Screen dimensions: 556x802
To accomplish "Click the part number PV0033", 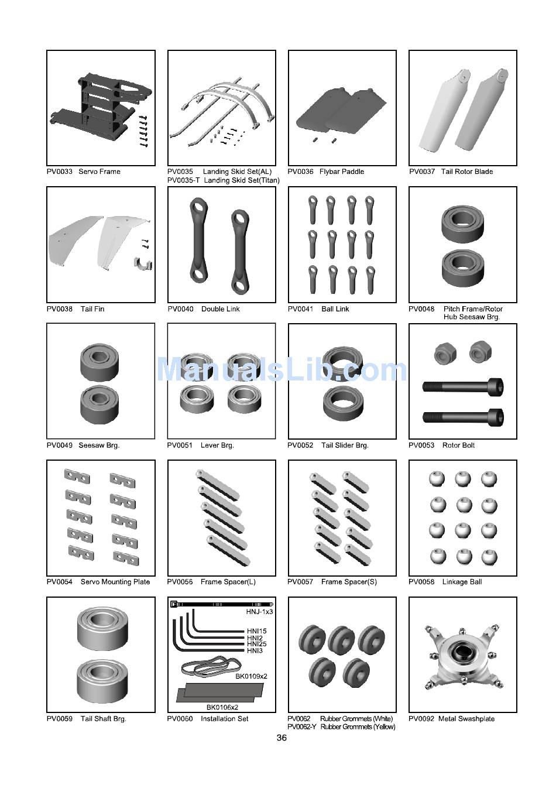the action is coord(60,172).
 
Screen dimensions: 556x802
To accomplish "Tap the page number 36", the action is coord(282,738).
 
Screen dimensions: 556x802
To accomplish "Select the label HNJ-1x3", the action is coord(259,612).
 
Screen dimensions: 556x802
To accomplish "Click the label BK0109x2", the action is coord(251,676).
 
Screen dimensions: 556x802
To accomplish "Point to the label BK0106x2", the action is coord(222,707).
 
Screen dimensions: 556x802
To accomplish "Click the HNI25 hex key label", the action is coord(257,644).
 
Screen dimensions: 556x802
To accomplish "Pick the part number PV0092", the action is coord(421,718).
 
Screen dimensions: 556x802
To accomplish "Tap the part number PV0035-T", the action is coord(183,180).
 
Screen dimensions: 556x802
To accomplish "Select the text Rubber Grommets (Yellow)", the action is coord(358,727).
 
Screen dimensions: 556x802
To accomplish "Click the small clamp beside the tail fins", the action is coord(143,264).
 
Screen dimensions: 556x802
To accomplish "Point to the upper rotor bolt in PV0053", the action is coord(463,387).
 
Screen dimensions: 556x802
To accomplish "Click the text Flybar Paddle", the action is coord(342,172).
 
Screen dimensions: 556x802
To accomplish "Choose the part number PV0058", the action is coord(421,582).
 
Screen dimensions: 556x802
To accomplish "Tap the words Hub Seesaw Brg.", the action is coord(472,317).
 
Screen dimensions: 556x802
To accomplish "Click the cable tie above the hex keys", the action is coord(222,604).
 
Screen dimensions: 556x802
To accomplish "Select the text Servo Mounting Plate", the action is coord(115,582).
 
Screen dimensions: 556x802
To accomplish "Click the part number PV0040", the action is coord(180,309).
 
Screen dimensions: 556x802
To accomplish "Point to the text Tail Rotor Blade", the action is coord(467,172).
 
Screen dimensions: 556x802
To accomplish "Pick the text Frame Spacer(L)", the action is coord(228,582).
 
